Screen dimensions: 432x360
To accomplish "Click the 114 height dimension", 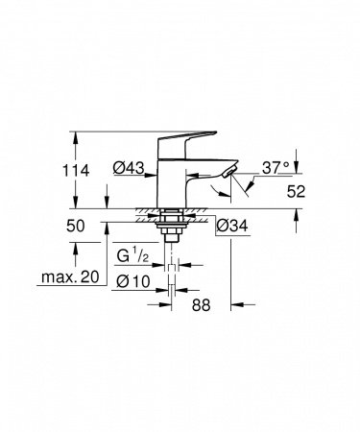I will (x=76, y=169).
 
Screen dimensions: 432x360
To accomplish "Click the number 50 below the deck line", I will (x=76, y=227).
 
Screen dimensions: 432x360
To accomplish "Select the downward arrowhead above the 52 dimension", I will (x=296, y=162).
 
